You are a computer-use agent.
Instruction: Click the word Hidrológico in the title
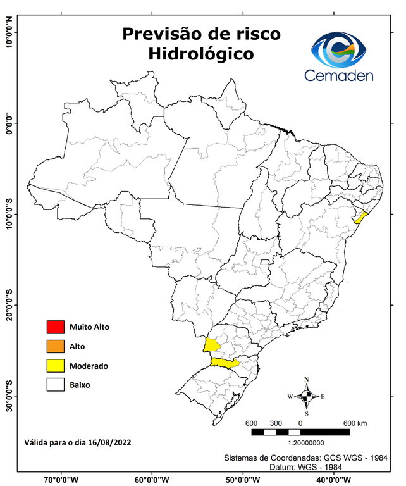(x=201, y=54)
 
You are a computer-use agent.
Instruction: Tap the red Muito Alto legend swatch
(x=56, y=327)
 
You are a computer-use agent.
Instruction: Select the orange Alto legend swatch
(x=56, y=346)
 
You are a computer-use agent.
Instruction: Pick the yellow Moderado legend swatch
(x=56, y=365)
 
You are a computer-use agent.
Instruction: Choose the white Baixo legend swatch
(x=56, y=384)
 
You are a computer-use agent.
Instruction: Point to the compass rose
(x=306, y=396)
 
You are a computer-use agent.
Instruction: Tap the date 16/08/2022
(x=110, y=441)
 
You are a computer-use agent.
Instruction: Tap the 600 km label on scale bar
(x=356, y=423)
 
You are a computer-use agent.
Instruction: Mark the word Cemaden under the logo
(x=339, y=75)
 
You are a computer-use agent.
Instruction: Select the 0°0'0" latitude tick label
(x=9, y=123)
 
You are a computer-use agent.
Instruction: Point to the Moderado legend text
(x=89, y=366)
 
